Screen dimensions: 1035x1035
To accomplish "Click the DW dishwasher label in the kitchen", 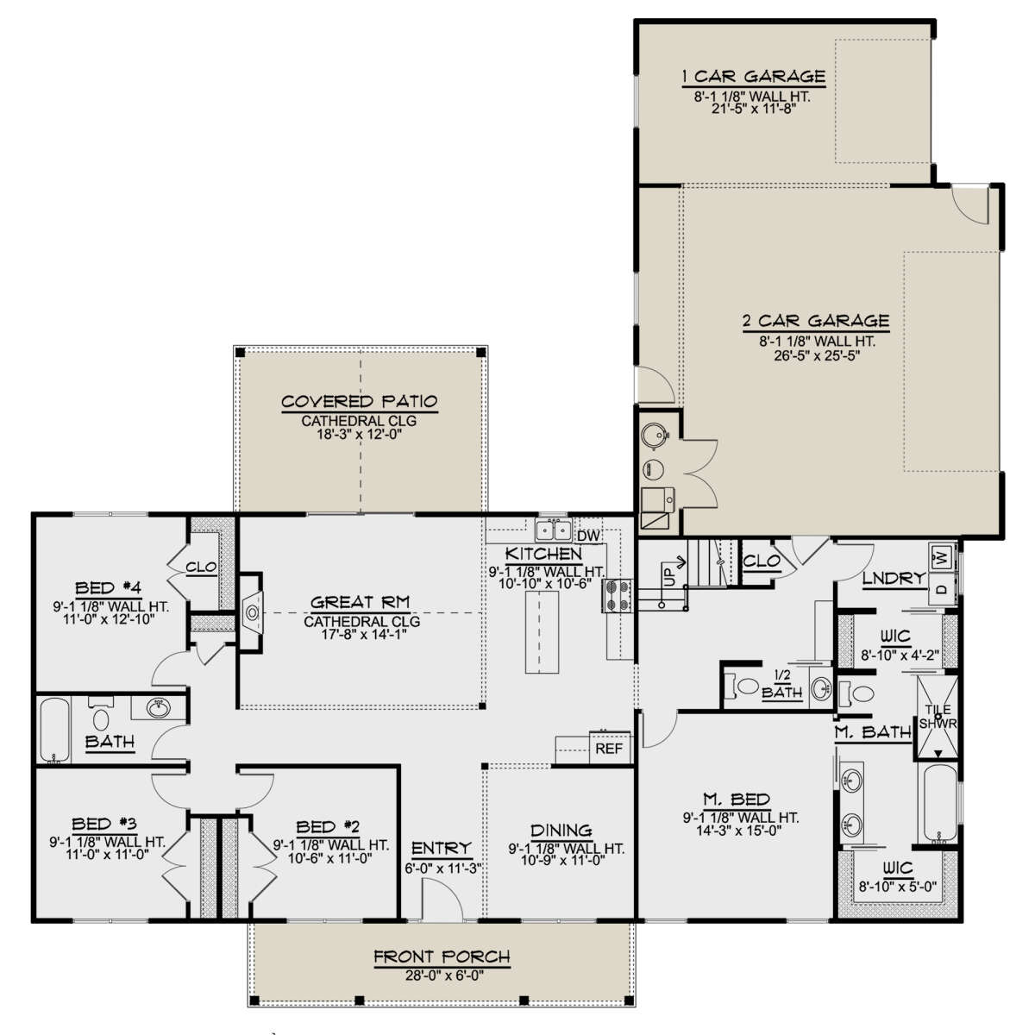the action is pyautogui.click(x=588, y=536).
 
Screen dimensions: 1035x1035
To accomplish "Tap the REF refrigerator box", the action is pyautogui.click(x=609, y=748).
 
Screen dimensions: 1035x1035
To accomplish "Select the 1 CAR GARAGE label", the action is pyautogui.click(x=753, y=76).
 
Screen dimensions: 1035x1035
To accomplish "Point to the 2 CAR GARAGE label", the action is pyautogui.click(x=815, y=321).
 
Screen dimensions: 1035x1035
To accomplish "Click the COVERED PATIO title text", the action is pyautogui.click(x=360, y=401).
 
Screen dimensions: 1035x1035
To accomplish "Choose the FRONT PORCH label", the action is pyautogui.click(x=442, y=956).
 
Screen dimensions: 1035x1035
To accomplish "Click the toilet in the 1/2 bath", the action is pyautogui.click(x=743, y=686).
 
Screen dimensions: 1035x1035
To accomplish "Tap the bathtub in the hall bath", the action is pyautogui.click(x=55, y=730).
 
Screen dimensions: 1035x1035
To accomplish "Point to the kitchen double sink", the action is pyautogui.click(x=553, y=530).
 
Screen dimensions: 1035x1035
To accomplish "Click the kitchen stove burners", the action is pyautogui.click(x=618, y=596).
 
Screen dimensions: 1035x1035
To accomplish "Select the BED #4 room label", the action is pyautogui.click(x=108, y=587).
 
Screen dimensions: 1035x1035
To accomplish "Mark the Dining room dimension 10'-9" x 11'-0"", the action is pyautogui.click(x=562, y=860).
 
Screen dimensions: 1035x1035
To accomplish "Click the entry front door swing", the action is pyautogui.click(x=442, y=899).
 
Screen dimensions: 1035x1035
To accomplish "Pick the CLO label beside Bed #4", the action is pyautogui.click(x=201, y=567).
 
